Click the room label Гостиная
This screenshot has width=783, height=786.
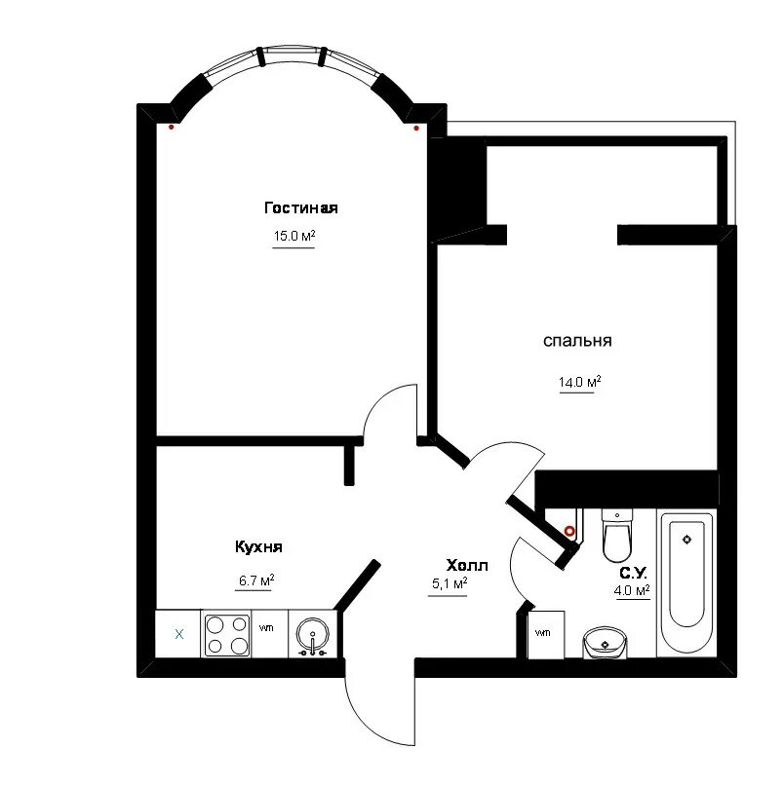[300, 207]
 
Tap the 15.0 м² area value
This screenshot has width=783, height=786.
[294, 236]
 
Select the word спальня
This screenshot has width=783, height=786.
[577, 341]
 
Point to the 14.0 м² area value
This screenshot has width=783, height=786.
[580, 382]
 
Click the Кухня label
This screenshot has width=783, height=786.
[258, 546]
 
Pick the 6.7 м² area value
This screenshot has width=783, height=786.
[256, 580]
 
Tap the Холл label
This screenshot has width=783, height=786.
[467, 566]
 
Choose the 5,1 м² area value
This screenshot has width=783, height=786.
[450, 583]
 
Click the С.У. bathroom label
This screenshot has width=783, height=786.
[633, 573]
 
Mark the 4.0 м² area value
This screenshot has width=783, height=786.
[632, 590]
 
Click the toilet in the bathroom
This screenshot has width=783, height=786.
[617, 536]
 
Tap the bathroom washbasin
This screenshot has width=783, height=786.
[605, 642]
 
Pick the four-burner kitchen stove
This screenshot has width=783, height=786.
[227, 635]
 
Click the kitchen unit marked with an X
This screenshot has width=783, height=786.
[178, 634]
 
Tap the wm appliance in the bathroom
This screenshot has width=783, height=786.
[546, 634]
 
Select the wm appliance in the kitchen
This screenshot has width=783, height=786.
[269, 634]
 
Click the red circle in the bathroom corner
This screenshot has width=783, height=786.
[569, 531]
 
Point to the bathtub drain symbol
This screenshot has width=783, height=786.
[687, 540]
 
